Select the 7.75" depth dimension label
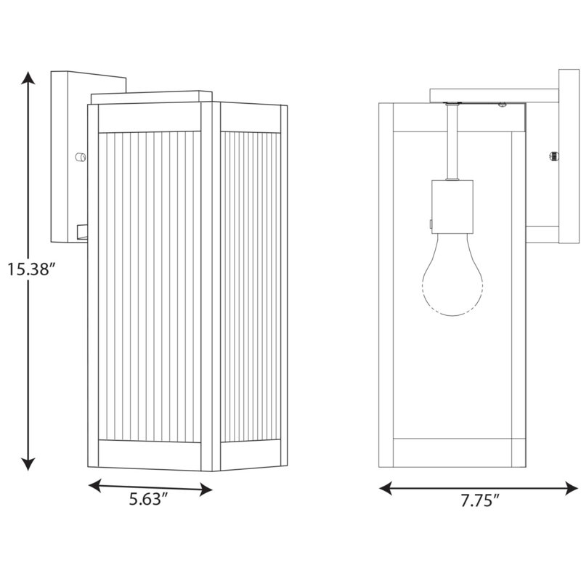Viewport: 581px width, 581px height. (480, 500)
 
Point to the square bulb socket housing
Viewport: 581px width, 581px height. (452, 207)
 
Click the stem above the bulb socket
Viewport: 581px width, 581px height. (452, 142)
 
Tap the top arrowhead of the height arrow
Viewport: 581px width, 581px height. (28, 78)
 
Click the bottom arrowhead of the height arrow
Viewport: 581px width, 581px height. (28, 464)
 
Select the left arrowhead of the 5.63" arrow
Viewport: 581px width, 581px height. (94, 485)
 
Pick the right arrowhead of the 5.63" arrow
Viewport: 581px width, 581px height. (206, 489)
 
